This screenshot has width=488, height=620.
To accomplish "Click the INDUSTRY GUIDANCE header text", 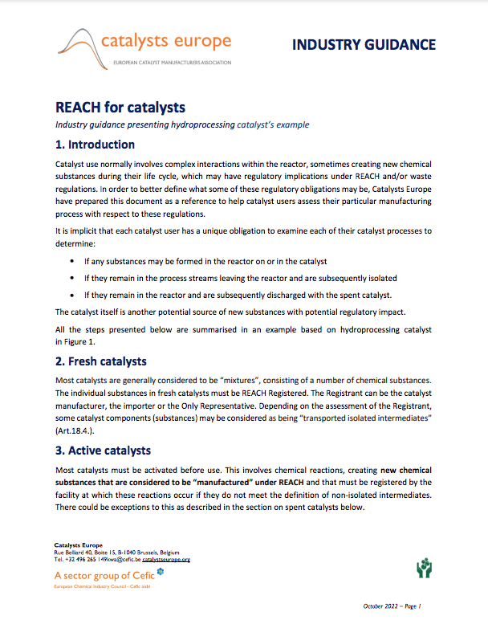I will pos(364,45).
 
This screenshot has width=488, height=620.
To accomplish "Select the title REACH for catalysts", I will pos(120,107).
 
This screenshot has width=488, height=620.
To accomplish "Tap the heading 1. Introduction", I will pos(95,145).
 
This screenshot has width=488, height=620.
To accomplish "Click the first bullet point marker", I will pos(73,262).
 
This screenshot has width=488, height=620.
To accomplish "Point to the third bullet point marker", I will pos(73,295).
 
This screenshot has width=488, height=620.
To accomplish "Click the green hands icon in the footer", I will pos(424,569).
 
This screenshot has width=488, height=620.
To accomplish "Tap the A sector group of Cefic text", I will pos(104,576).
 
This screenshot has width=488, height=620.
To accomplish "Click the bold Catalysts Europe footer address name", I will pos(78,546).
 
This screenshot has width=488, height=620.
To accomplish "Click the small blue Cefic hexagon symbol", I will pos(160,572).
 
